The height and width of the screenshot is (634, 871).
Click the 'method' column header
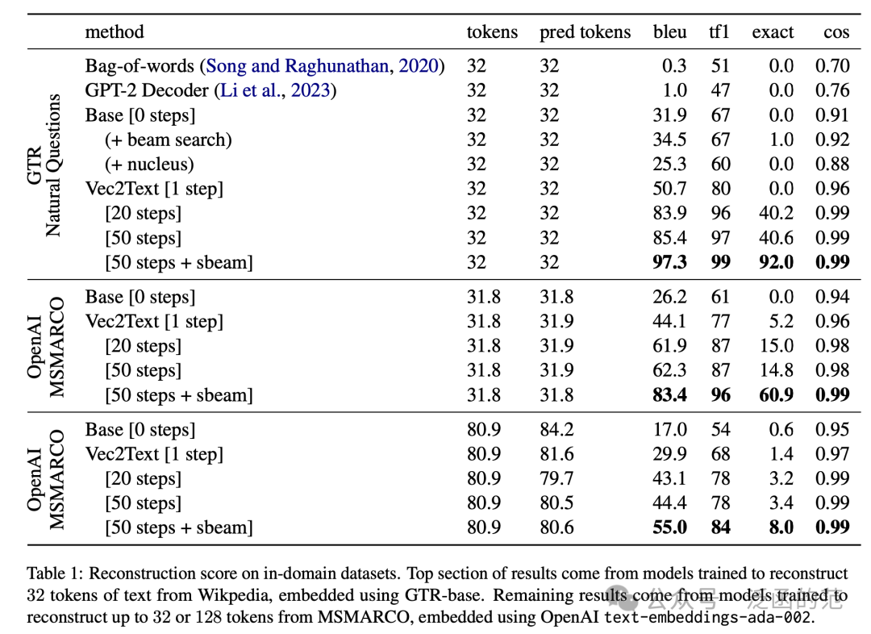tap(115, 31)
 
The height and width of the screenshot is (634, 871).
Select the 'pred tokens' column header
tap(585, 32)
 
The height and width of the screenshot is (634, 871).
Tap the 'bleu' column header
tap(670, 31)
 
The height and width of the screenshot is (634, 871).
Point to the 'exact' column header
tap(773, 32)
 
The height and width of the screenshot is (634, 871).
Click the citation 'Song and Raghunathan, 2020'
tap(322, 65)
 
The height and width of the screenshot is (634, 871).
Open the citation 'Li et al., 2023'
tap(276, 90)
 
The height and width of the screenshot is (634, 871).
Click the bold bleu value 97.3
tap(669, 261)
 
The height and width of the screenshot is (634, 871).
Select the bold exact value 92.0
tap(776, 261)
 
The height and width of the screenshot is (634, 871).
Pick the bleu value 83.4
tap(669, 394)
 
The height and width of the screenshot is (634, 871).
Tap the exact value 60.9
tap(776, 394)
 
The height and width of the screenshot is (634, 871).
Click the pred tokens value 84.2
tap(556, 429)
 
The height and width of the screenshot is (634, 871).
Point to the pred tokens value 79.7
tap(556, 478)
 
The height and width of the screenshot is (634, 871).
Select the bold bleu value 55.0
tap(669, 527)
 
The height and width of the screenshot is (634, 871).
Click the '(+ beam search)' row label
tap(169, 140)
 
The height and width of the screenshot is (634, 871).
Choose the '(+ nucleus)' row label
tap(149, 164)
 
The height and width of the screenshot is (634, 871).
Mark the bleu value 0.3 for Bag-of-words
tap(673, 65)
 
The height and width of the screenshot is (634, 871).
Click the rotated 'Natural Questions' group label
tap(53, 165)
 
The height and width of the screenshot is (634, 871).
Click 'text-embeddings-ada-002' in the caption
tap(708, 617)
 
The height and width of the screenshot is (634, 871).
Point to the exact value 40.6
tap(776, 237)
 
